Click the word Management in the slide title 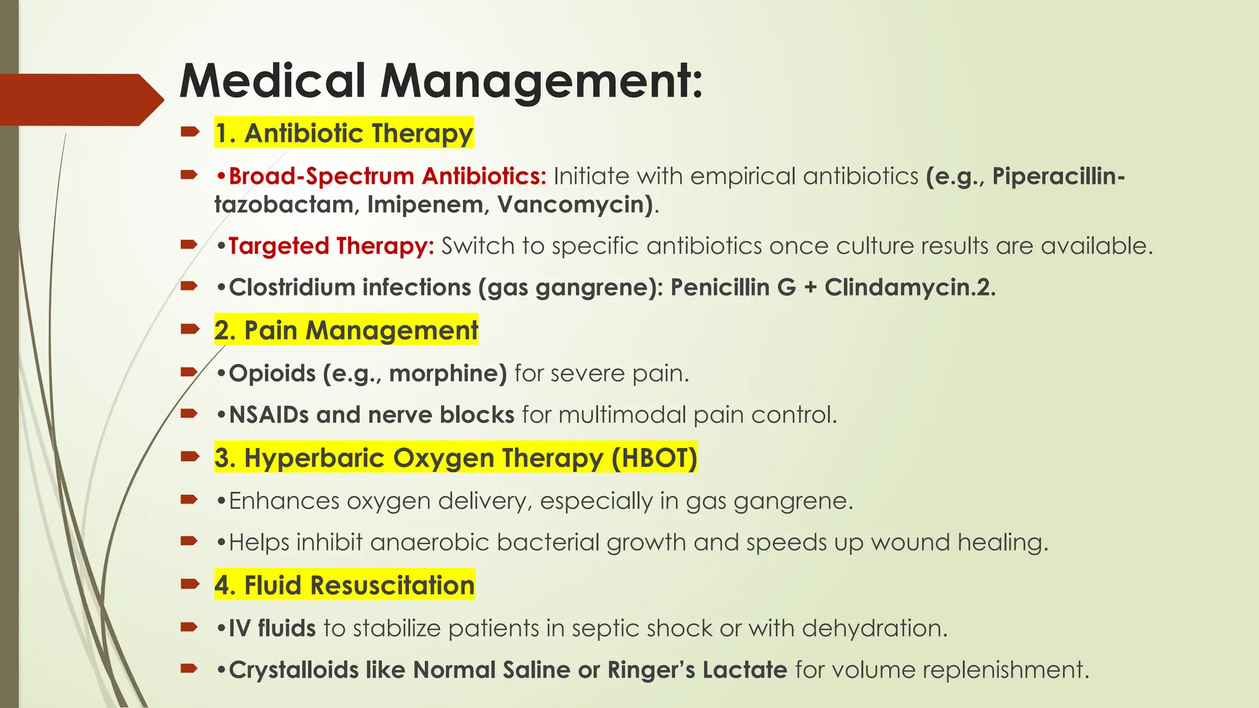541,81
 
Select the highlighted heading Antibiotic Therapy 344,133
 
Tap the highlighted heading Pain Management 346,331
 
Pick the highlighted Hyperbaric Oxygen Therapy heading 456,458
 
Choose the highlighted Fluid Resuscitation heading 344,586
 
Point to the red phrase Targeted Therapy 331,246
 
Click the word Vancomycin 575,205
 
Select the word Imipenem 425,205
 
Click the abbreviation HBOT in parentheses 654,458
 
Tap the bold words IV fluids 272,629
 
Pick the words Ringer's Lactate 697,670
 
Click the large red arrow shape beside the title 80,100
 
